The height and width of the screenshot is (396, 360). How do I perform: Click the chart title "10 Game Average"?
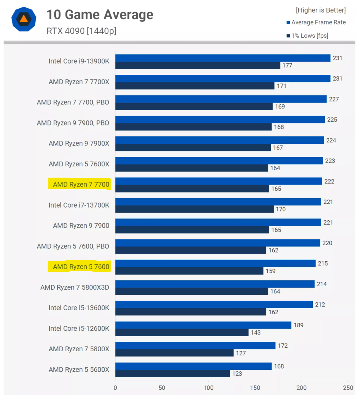pyautogui.click(x=100, y=15)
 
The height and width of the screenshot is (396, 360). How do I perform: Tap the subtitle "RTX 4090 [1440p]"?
pyautogui.click(x=81, y=31)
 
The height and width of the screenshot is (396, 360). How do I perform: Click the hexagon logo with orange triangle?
pyautogui.click(x=24, y=19)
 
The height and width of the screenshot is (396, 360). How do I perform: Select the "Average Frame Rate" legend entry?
pyautogui.click(x=318, y=22)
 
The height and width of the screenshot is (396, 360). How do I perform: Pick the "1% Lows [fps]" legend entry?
pyautogui.click(x=309, y=36)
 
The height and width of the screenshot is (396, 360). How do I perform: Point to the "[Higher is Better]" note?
pyautogui.click(x=321, y=10)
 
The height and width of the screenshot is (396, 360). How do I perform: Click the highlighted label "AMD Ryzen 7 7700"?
pyautogui.click(x=81, y=184)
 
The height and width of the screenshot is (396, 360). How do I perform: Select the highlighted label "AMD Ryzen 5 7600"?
pyautogui.click(x=81, y=267)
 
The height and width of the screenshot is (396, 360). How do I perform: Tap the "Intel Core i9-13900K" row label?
pyautogui.click(x=79, y=61)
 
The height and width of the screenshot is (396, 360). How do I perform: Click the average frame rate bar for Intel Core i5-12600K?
pyautogui.click(x=203, y=325)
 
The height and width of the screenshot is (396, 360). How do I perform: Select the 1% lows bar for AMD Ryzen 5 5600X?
pyautogui.click(x=172, y=374)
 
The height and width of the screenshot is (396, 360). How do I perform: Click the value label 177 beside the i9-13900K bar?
pyautogui.click(x=287, y=65)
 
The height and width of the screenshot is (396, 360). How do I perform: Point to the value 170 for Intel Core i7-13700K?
pyautogui.click(x=281, y=209)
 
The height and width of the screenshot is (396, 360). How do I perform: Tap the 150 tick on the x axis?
pyautogui.click(x=255, y=388)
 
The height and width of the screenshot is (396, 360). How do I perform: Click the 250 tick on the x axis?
pyautogui.click(x=348, y=388)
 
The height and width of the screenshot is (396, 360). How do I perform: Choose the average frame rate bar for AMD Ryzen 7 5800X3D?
pyautogui.click(x=215, y=284)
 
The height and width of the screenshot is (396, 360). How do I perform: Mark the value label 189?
pyautogui.click(x=298, y=325)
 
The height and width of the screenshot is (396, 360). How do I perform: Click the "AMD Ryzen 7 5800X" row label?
pyautogui.click(x=79, y=349)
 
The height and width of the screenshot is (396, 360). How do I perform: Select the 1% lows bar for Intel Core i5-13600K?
pyautogui.click(x=191, y=312)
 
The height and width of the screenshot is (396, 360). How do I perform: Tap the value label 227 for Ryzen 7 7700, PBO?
pyautogui.click(x=334, y=99)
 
